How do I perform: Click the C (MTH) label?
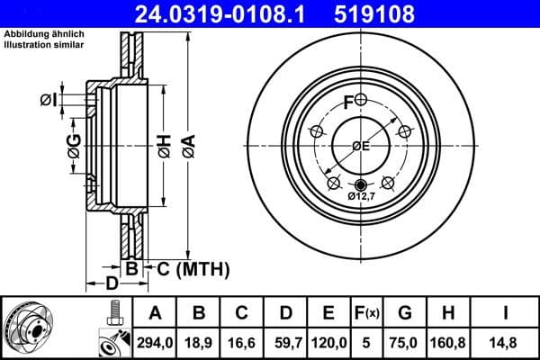192,268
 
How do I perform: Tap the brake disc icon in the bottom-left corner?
25,326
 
